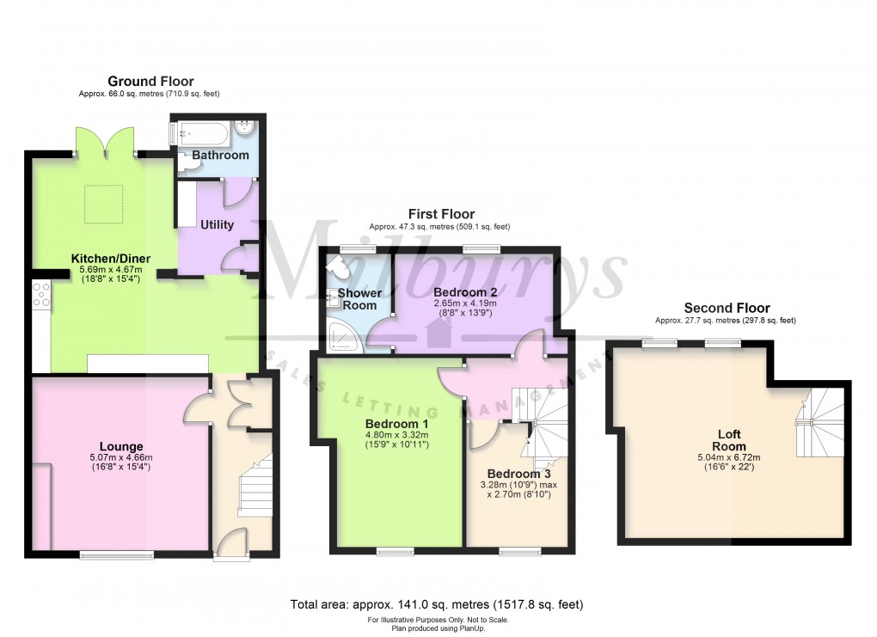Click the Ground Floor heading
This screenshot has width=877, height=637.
150,82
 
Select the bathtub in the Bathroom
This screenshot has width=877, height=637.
202,133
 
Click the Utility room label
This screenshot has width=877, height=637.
217,225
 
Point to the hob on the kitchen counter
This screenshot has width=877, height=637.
40,295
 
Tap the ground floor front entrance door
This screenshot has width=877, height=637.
231,543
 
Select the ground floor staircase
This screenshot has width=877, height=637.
255,486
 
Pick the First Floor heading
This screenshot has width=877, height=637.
439,214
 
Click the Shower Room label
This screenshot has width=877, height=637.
359,299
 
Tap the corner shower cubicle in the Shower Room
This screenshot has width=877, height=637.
342,335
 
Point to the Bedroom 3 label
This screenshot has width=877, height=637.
518,474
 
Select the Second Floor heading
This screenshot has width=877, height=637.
727,308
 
